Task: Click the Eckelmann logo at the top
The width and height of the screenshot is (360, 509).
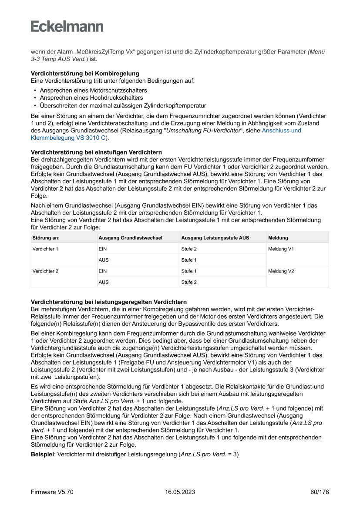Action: click(67, 26)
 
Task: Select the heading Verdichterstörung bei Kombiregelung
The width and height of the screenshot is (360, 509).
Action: click(85, 74)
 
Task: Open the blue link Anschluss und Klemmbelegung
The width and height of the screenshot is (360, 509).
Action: click(281, 130)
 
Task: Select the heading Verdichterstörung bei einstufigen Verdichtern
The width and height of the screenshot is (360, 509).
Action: click(96, 152)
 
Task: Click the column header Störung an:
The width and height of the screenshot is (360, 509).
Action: click(46, 238)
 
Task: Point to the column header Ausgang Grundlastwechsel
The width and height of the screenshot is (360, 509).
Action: click(130, 238)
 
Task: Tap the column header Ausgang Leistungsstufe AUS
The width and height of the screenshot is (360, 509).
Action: click(215, 238)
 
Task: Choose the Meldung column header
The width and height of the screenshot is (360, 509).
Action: click(278, 238)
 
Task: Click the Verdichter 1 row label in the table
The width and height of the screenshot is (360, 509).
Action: click(45, 249)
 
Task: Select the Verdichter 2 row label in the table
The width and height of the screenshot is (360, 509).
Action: click(45, 271)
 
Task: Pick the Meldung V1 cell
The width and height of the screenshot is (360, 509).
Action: click(281, 249)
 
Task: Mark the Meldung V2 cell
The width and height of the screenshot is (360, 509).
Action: click(281, 271)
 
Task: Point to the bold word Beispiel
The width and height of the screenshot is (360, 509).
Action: click(42, 454)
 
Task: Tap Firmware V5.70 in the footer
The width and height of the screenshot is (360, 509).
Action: click(52, 492)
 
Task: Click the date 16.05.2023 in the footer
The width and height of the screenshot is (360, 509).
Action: click(180, 492)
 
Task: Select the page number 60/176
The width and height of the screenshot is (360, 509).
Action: click(320, 492)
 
